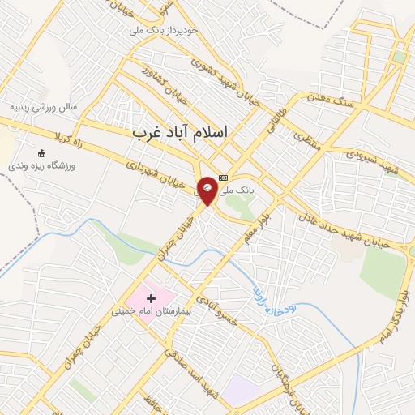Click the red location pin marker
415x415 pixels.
pos(207,189)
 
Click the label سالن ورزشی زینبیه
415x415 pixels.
pos(43,107)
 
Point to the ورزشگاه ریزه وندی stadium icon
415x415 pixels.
pos(43,152)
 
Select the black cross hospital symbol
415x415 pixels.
pos(151,299)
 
